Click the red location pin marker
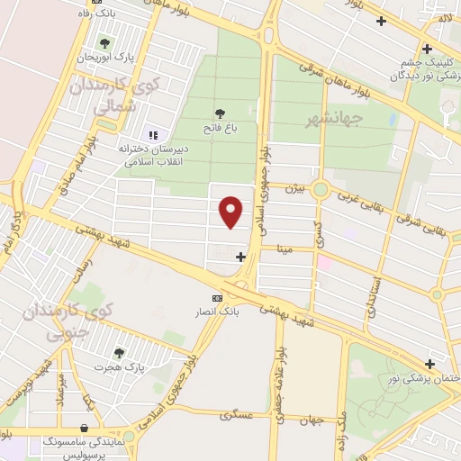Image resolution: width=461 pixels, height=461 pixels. [232, 212]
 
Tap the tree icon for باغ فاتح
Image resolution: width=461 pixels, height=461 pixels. [221, 113]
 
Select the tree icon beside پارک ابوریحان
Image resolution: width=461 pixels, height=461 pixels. [105, 43]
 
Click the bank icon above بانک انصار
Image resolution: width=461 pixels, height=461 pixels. [217, 298]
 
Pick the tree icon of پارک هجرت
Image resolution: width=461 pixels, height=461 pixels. [118, 354]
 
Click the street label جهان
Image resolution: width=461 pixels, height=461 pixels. [312, 419]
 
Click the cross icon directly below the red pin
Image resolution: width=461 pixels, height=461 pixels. [240, 258]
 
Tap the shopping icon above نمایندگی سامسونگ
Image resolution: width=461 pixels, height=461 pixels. [84, 429]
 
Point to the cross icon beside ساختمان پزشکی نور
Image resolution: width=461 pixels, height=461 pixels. [430, 365]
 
